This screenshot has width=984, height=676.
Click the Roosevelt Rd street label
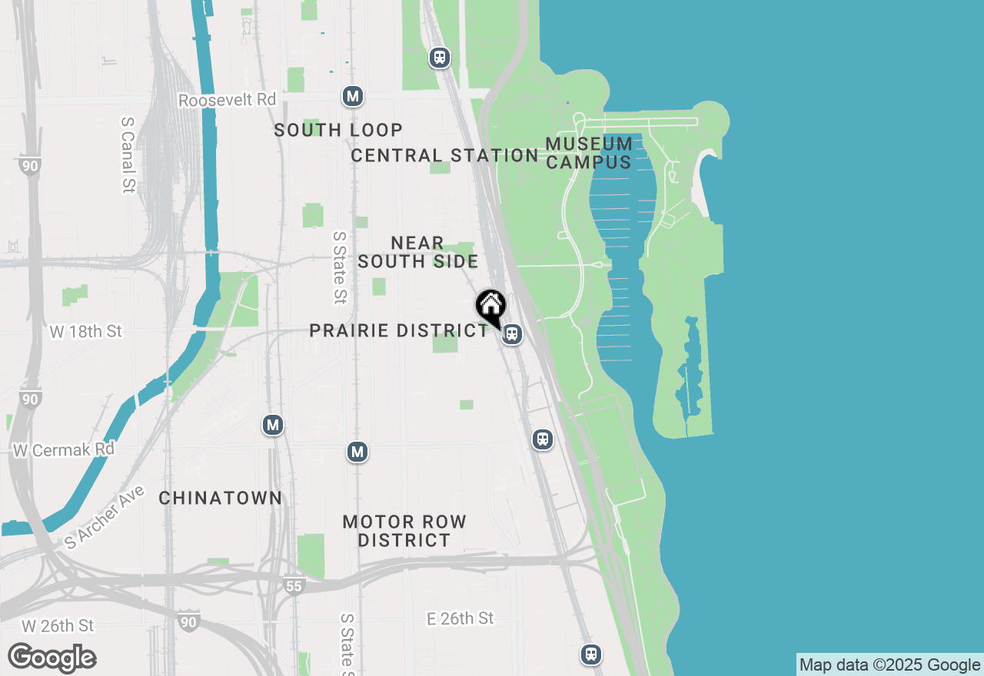tap(227, 101)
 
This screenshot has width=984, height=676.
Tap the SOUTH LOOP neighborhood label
tap(338, 130)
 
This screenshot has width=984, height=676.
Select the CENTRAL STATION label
tap(444, 155)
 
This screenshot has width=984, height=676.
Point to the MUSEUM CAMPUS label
tap(589, 153)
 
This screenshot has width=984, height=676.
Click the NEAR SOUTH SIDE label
tap(417, 252)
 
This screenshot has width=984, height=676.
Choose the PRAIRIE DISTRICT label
tap(398, 330)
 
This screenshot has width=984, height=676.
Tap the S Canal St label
tap(128, 155)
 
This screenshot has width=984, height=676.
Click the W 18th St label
tap(85, 332)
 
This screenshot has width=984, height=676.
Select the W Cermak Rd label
tap(63, 449)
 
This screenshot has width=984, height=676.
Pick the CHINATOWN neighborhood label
tap(221, 498)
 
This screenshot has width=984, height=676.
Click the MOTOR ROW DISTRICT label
tap(404, 531)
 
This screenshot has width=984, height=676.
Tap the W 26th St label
tap(58, 626)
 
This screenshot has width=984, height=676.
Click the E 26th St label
tap(460, 618)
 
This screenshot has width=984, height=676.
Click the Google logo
tap(52, 658)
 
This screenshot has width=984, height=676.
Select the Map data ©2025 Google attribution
tap(889, 665)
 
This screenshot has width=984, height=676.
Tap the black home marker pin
tap(490, 307)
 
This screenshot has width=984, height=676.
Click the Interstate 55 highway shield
tap(294, 586)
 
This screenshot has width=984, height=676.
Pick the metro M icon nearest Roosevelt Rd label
tap(352, 96)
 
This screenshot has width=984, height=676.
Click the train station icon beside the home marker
tap(512, 334)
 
